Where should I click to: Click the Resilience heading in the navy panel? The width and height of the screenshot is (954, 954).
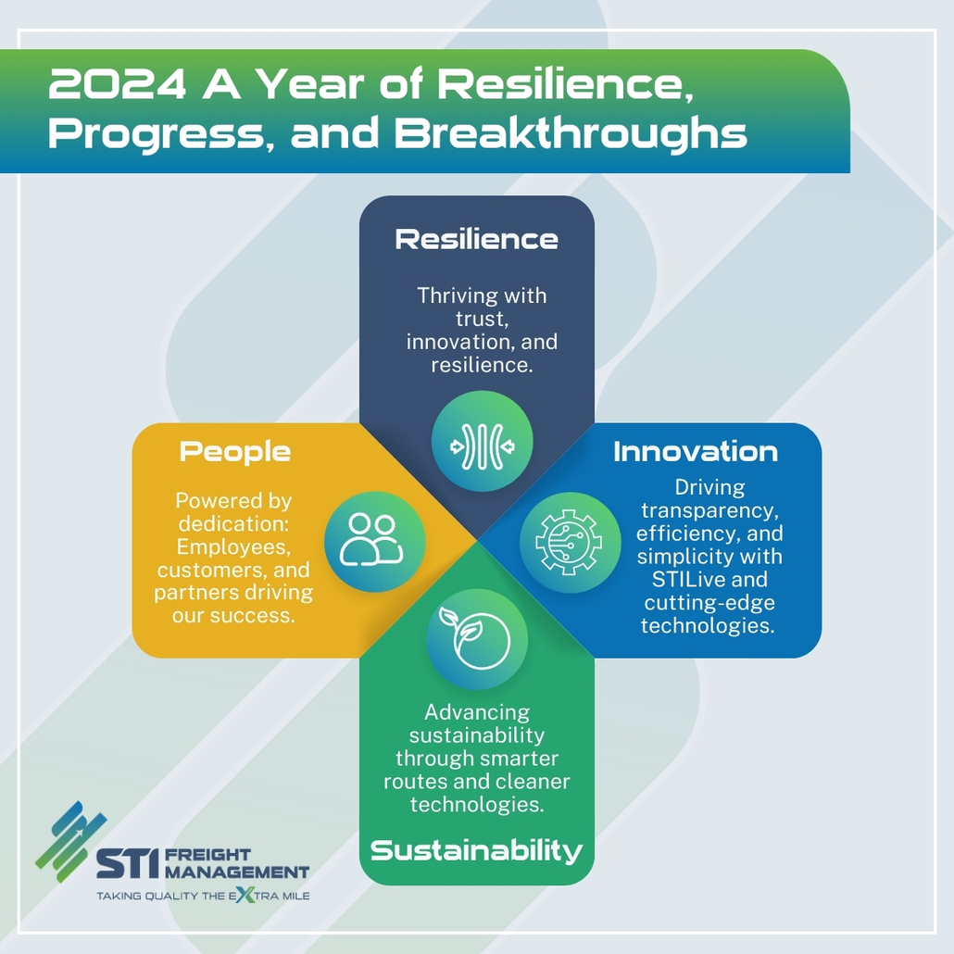[x=476, y=239]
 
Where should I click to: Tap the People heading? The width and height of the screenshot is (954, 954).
[x=235, y=452]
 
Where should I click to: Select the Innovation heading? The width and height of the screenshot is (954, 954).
[x=696, y=451]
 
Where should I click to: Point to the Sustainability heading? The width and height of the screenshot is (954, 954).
[x=476, y=850]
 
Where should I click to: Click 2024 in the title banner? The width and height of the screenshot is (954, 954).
[x=117, y=84]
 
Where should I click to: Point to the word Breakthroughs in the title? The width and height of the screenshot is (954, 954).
[x=571, y=133]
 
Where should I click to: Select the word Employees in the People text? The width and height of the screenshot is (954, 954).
[x=233, y=547]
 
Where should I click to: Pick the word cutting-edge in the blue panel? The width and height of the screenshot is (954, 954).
[x=709, y=603]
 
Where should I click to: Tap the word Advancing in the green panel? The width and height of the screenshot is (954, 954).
[x=477, y=712]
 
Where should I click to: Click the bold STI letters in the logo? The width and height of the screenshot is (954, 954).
[x=128, y=863]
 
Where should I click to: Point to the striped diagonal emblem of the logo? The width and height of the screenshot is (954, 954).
[x=70, y=841]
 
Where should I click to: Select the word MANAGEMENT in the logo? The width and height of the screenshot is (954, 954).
[x=237, y=872]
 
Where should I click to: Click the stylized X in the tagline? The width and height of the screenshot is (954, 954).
[x=244, y=895]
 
